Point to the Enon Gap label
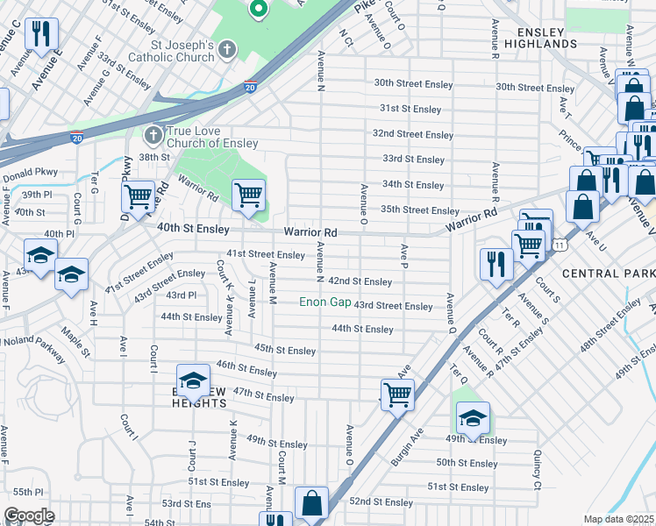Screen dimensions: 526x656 [324, 302]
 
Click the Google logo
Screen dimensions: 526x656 [29, 515]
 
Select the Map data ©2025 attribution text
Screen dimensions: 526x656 [618, 519]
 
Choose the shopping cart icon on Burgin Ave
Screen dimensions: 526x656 [397, 394]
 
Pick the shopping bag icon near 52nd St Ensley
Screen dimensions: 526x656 [311, 503]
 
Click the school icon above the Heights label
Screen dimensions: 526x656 [193, 380]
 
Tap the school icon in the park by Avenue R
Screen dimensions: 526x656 [472, 417]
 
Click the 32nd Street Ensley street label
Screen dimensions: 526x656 [412, 134]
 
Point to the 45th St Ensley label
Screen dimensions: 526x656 [284, 350]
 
